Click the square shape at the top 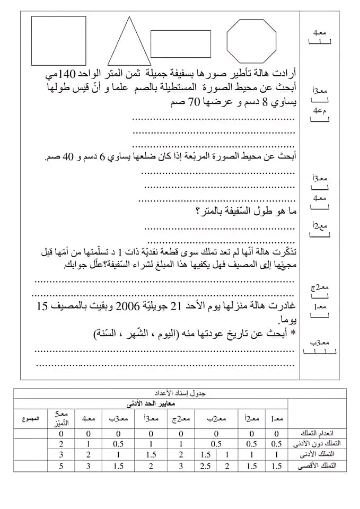pyautogui.click(x=58, y=40)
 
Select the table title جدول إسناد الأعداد pyautogui.click(x=181, y=393)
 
